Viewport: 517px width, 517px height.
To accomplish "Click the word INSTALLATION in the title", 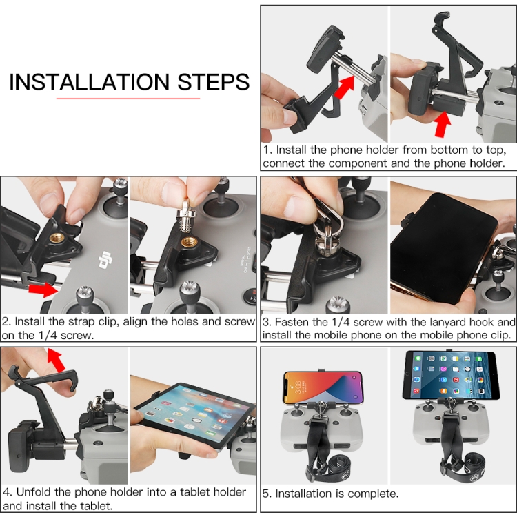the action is coord(89,82).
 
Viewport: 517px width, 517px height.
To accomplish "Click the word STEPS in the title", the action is coord(214,82).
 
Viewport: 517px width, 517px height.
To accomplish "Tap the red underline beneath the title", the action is coord(128,99).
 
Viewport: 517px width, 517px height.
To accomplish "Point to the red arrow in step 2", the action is coord(43,289).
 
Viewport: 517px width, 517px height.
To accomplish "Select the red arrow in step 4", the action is coord(55,360).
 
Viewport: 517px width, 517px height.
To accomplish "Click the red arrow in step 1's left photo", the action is coord(344,87).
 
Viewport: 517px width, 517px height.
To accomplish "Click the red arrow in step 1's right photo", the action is coord(442,124).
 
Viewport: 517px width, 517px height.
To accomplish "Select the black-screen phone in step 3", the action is coord(443,248).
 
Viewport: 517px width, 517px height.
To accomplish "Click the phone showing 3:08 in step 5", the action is coord(323,387).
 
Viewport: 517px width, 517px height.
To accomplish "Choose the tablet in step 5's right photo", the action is coord(450,375).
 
